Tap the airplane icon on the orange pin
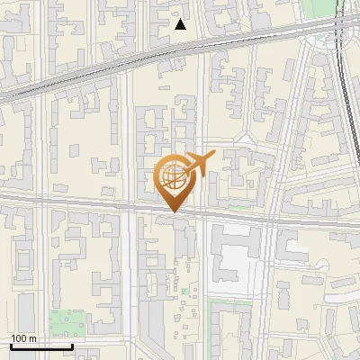pyautogui.click(x=196, y=166)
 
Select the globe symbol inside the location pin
pyautogui.click(x=172, y=176)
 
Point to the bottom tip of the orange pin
pyautogui.click(x=173, y=213)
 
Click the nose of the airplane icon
pyautogui.click(x=212, y=156)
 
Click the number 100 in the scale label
pyautogui.click(x=19, y=338)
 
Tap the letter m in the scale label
pyautogui.click(x=32, y=338)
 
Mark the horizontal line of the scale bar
pyautogui.click(x=41, y=346)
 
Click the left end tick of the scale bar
pyautogui.click(x=11, y=345)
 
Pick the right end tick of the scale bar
pyautogui.click(x=72, y=345)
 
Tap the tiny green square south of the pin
pyautogui.click(x=184, y=291)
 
